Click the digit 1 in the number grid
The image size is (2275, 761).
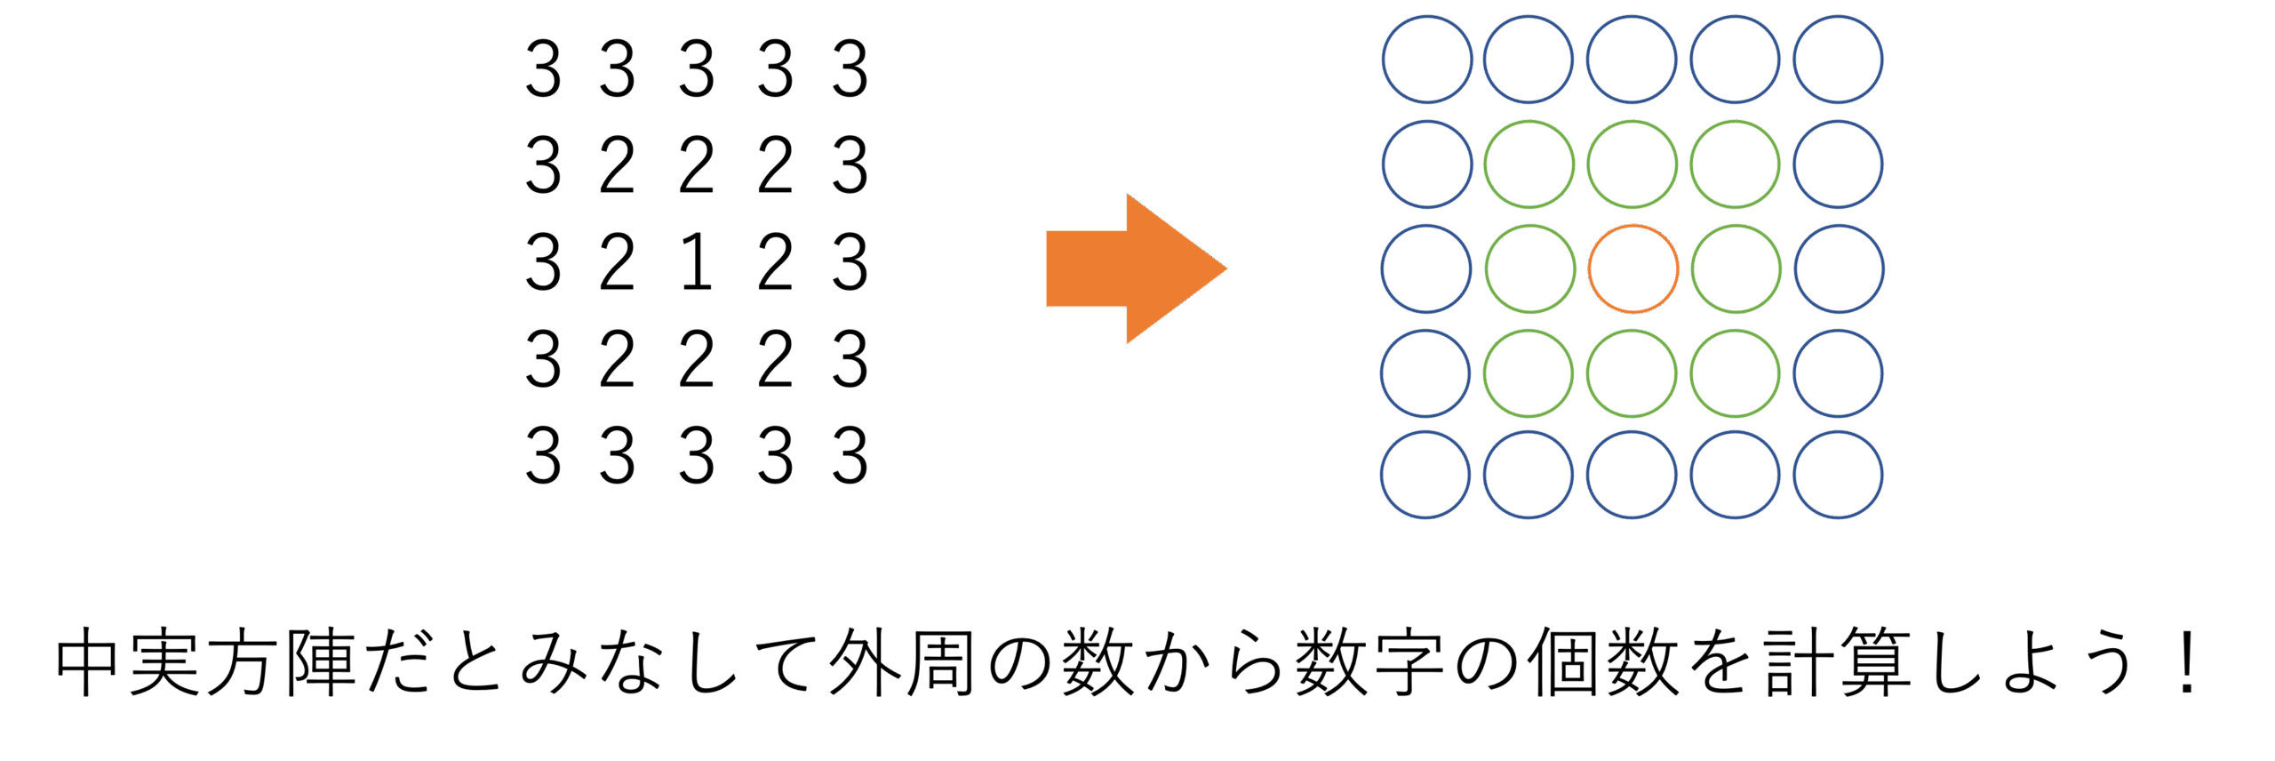(698, 262)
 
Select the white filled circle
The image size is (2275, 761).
(1632, 268)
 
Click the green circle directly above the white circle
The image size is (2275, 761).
(1632, 164)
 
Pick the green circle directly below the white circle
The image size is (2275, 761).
(1632, 373)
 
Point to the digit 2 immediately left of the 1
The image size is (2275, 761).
(618, 262)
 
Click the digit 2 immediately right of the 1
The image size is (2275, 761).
(775, 262)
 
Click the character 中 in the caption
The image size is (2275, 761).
(89, 663)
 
